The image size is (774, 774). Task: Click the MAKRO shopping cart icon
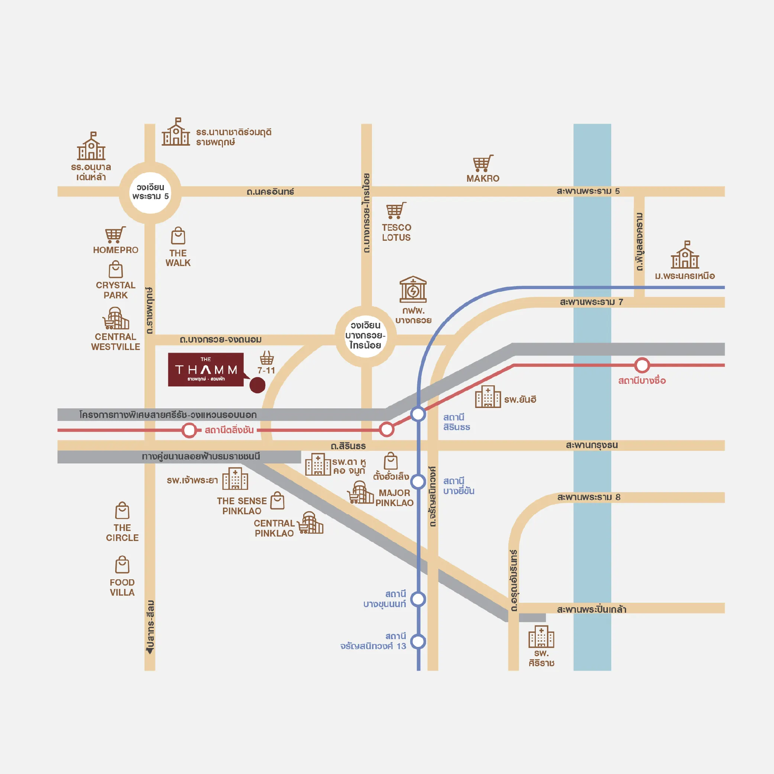coord(483,163)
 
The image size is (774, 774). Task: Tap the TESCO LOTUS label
coord(396,232)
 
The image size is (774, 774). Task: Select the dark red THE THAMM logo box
coord(205,369)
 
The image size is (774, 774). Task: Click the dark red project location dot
coord(257,385)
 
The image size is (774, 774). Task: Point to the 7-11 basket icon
coord(267,357)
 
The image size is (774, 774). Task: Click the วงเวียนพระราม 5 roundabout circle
coord(150,192)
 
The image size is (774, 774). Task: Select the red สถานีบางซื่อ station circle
coord(642,365)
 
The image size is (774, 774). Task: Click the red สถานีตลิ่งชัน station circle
coord(189,430)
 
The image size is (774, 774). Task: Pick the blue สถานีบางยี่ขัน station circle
coord(418,481)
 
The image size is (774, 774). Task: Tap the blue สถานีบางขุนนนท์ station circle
coord(418,599)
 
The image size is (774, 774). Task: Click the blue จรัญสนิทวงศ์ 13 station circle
coord(418,641)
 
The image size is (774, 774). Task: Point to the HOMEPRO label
coord(116,250)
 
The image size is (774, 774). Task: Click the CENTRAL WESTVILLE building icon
coord(116,318)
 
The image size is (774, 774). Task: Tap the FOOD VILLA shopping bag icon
coord(122,565)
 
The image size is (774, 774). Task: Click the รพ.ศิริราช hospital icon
coord(541,637)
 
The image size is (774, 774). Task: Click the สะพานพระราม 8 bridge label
coord(589,497)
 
